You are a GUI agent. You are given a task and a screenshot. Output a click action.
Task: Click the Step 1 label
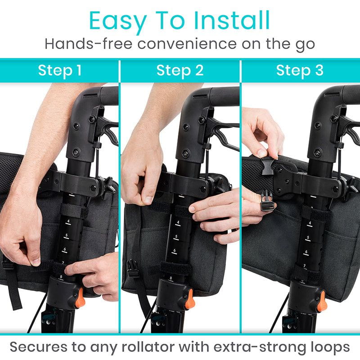click(x=59, y=71)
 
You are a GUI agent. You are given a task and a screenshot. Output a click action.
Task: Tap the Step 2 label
click(x=180, y=71)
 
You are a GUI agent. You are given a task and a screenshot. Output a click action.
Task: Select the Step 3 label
click(x=300, y=71)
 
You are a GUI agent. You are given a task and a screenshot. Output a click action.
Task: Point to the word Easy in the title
click(x=117, y=21)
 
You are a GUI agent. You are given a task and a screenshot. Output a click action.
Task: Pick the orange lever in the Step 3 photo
click(x=321, y=300)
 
